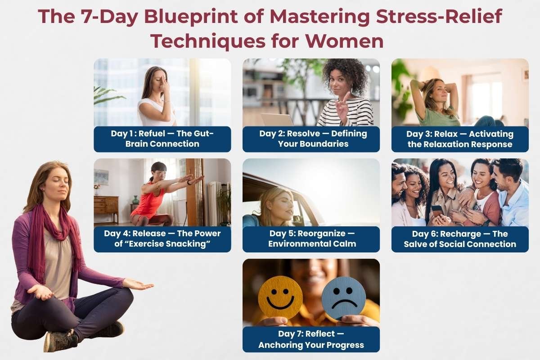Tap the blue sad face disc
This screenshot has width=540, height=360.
[343, 298]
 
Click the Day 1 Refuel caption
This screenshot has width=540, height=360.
[162, 139]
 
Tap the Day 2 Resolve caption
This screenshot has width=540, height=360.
[311, 139]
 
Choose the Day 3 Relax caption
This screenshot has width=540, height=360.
[460, 139]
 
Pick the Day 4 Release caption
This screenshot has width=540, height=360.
[162, 238]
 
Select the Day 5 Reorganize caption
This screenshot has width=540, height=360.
[311, 238]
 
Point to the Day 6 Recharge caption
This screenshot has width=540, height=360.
[460, 238]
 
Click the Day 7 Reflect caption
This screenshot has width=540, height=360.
[311, 339]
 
